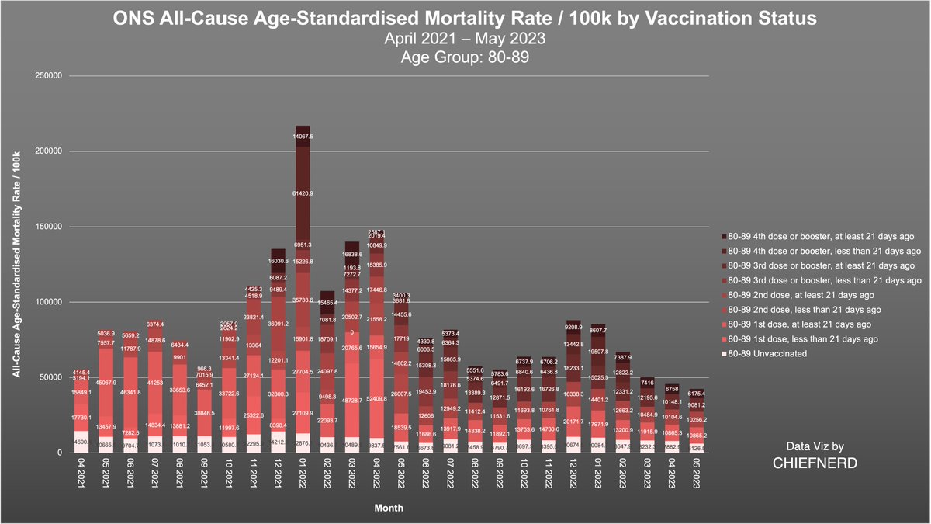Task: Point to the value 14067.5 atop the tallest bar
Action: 303,137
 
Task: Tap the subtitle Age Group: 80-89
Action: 465,55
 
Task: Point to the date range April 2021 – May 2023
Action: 465,36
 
